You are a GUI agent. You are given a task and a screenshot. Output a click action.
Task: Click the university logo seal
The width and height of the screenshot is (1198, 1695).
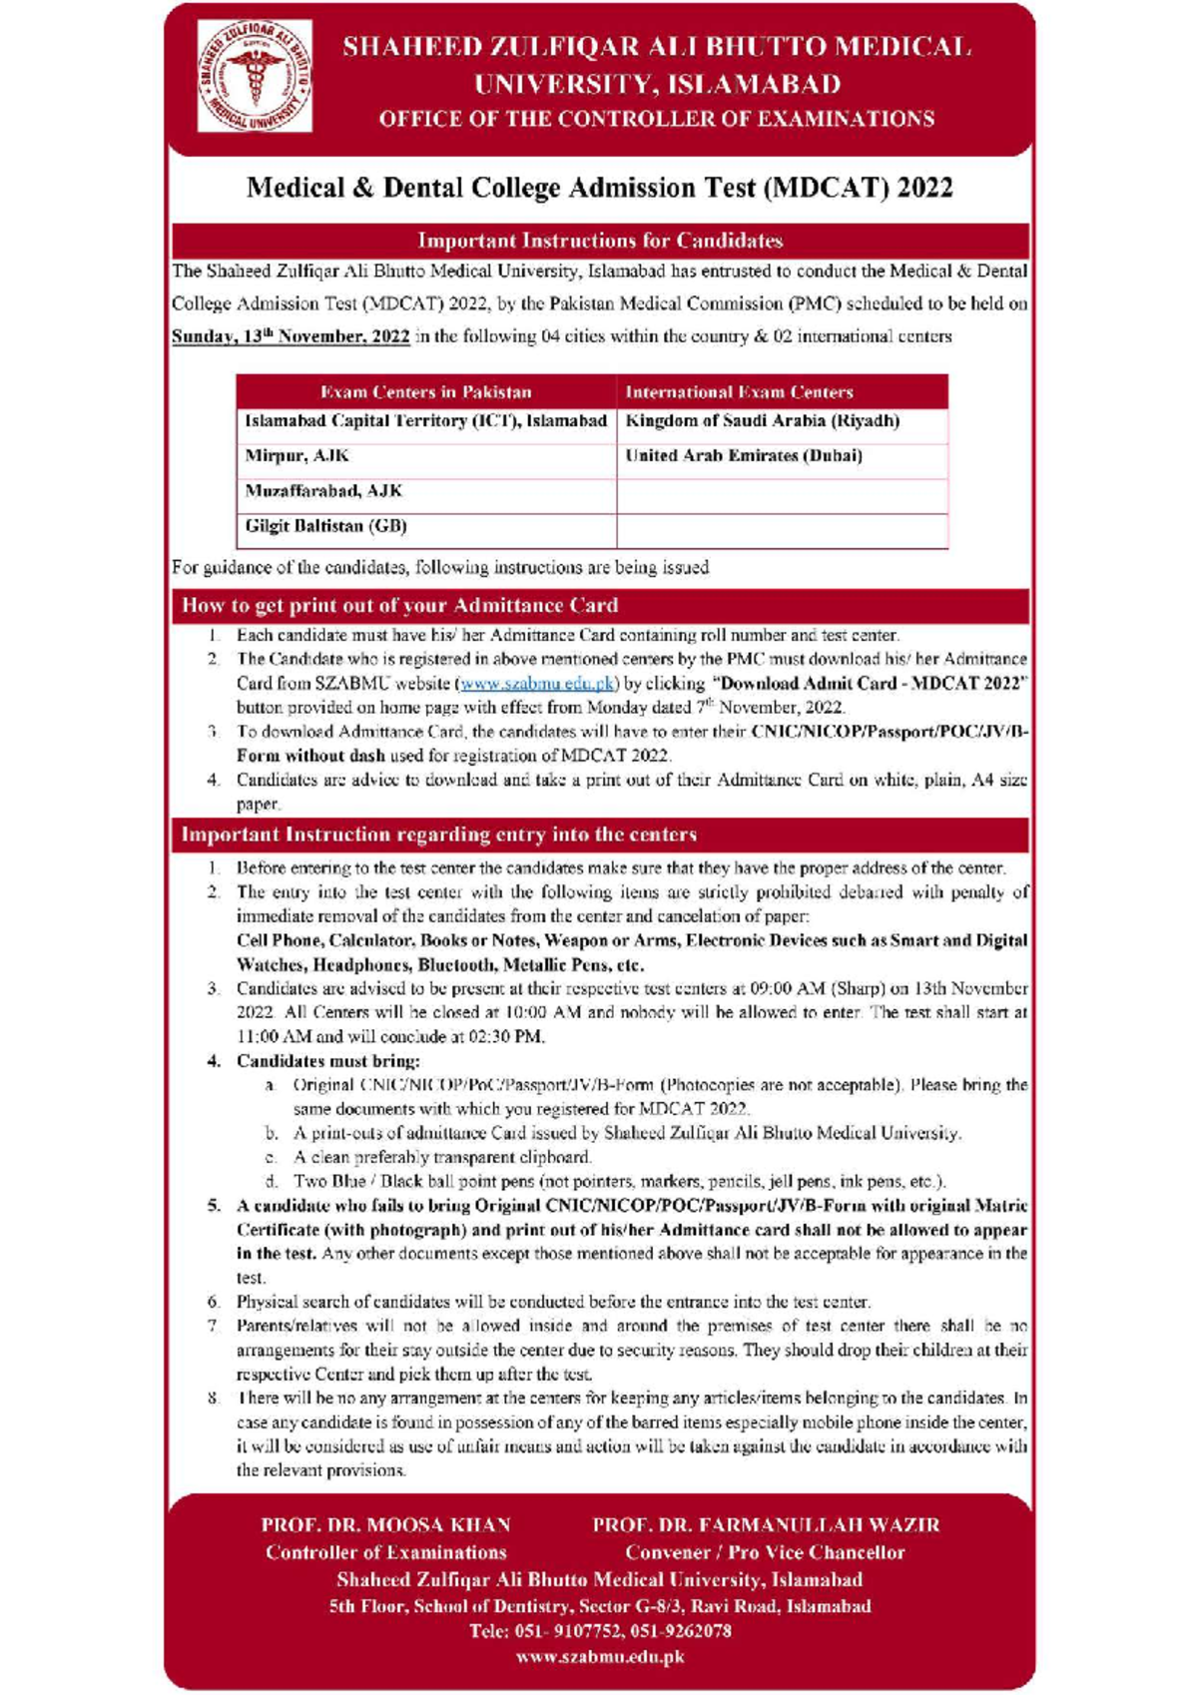tap(255, 77)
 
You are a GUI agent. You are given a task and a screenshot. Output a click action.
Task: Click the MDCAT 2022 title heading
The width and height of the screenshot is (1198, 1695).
tap(599, 188)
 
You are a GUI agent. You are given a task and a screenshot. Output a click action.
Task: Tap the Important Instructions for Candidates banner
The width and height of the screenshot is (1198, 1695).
tap(599, 241)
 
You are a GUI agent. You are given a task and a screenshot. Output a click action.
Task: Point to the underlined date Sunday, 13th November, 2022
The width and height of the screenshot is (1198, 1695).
tap(291, 336)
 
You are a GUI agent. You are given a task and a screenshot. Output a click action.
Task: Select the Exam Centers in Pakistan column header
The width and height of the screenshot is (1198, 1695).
tap(426, 392)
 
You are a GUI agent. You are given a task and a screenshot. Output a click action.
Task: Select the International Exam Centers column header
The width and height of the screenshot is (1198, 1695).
tap(739, 392)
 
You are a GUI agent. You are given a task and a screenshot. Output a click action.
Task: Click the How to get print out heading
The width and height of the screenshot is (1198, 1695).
tap(399, 606)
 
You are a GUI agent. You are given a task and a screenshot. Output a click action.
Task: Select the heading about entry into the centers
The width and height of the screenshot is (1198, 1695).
tap(439, 835)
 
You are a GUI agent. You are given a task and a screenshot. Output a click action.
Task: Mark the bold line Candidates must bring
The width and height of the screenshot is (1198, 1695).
tap(328, 1061)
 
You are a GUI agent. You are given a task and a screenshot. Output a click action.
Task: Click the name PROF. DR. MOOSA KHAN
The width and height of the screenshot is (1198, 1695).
tap(386, 1525)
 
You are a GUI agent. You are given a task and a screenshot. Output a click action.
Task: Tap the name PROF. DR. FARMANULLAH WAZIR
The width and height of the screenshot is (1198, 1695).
tap(766, 1525)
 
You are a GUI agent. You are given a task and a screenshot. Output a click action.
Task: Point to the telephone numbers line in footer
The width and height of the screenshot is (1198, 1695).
tap(599, 1631)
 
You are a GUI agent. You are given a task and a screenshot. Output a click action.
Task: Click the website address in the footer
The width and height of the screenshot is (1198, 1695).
tap(599, 1657)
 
